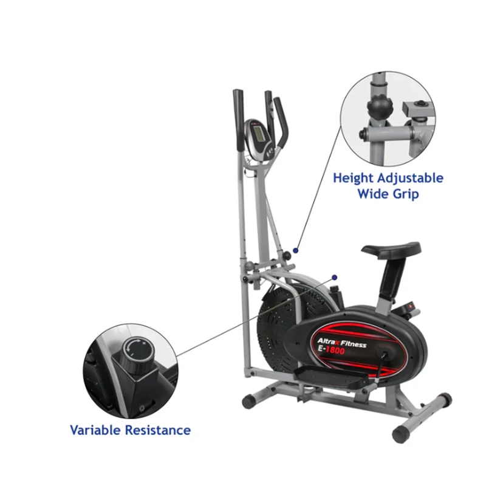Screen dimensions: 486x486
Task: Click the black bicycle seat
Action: tap(391, 249)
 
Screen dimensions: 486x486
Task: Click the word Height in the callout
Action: tap(354, 178)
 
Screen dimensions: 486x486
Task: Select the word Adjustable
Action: tap(411, 178)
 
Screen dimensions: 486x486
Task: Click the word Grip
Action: tap(406, 194)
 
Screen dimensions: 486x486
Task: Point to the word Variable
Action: tap(95, 430)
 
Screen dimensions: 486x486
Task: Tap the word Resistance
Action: tap(158, 430)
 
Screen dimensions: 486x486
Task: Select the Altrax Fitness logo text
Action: tap(341, 343)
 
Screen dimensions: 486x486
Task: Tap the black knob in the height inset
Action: tap(380, 108)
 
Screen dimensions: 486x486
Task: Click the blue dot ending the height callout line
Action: tap(296, 250)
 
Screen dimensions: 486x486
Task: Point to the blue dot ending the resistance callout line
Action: tap(335, 278)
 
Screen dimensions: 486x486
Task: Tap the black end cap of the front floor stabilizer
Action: tap(249, 402)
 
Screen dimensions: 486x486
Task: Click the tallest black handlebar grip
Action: tap(239, 120)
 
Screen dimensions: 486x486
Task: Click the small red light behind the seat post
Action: tap(412, 306)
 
